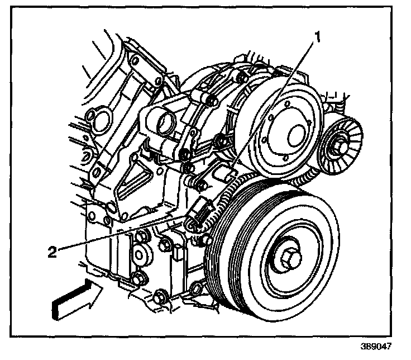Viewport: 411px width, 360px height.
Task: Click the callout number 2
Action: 51,252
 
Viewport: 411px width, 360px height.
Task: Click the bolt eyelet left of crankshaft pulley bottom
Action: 195,288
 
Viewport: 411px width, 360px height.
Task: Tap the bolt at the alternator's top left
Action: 211,101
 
